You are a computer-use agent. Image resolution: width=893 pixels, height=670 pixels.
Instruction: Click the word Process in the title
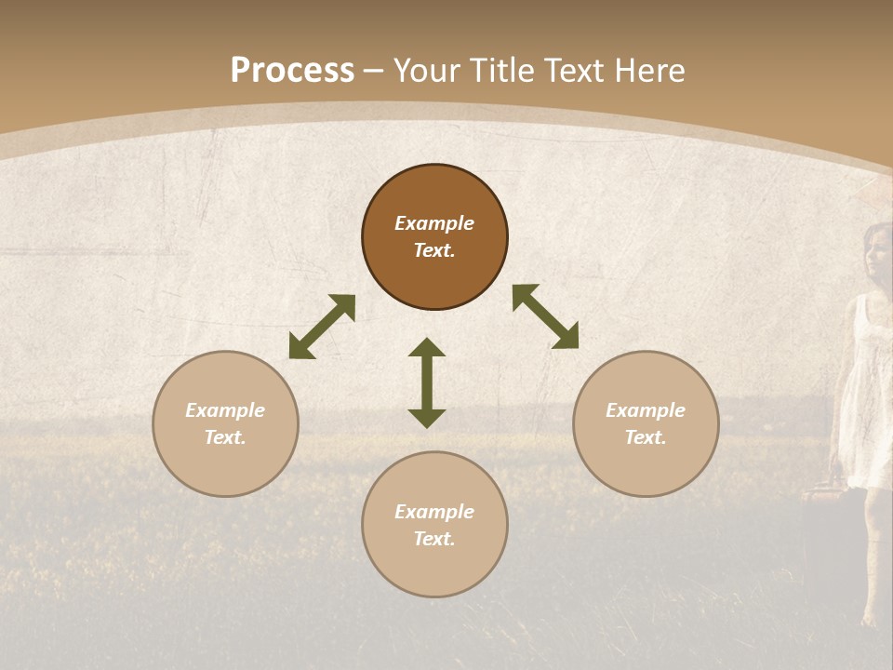point(292,71)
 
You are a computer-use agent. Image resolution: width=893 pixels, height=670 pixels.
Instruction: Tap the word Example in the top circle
point(434,223)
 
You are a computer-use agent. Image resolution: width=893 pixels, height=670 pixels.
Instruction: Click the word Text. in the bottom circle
point(434,539)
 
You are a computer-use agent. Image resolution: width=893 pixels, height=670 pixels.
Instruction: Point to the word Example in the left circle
point(225,410)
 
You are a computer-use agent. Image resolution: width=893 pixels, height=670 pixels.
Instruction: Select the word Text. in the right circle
point(646,437)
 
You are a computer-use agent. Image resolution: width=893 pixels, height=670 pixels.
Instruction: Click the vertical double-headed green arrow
point(427,382)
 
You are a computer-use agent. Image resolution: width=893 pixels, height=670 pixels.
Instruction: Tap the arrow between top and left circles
point(322,327)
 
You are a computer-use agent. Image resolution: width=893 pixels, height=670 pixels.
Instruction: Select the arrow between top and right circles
point(545,316)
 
